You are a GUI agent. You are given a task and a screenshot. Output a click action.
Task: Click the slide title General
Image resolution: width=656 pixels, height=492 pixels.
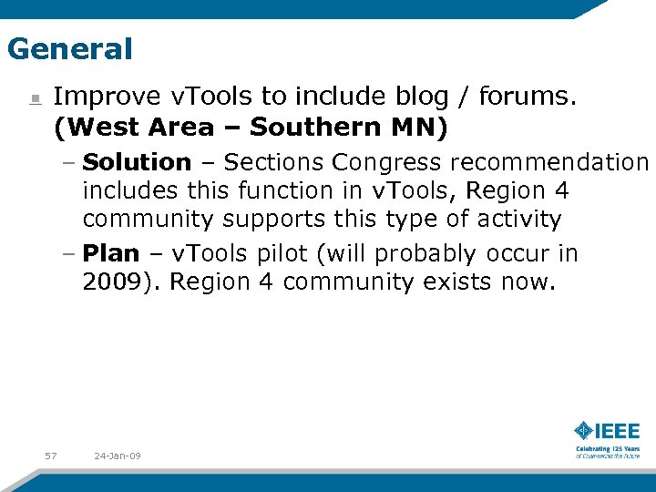(x=69, y=48)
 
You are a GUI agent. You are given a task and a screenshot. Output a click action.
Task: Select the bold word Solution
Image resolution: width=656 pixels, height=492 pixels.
(x=137, y=162)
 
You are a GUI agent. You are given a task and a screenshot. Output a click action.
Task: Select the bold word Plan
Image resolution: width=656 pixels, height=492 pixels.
(x=110, y=253)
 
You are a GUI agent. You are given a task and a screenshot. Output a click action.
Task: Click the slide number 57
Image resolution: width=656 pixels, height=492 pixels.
(x=51, y=455)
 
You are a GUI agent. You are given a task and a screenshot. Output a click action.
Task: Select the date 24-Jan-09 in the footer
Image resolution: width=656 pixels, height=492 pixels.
(x=117, y=455)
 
